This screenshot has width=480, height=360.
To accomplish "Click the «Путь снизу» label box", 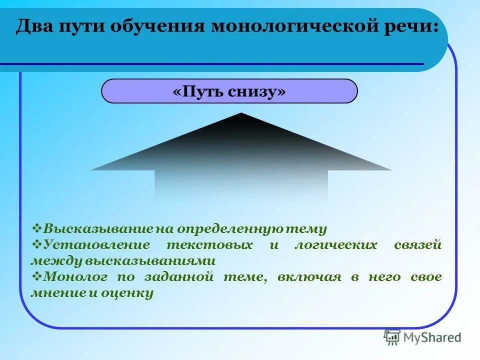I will tap(229, 91).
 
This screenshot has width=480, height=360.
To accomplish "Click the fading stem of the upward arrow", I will tap(241, 185).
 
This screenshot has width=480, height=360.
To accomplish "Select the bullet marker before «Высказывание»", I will tap(37, 228).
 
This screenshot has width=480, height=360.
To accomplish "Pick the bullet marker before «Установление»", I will tap(37, 244).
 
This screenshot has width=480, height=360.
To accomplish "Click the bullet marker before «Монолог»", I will tap(37, 276).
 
